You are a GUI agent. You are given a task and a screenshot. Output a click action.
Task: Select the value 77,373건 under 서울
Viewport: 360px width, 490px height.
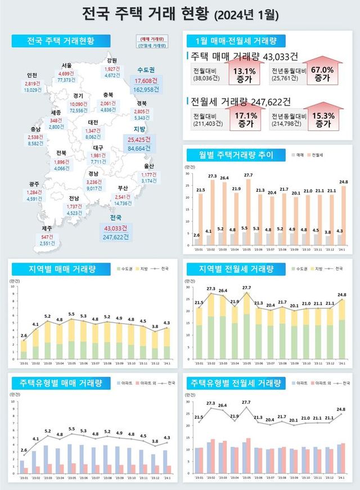[69, 80]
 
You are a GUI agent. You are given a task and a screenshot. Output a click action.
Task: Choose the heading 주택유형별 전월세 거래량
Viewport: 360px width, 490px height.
[236, 384]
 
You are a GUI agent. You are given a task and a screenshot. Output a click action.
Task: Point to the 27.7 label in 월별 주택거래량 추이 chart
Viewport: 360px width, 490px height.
[248, 176]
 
